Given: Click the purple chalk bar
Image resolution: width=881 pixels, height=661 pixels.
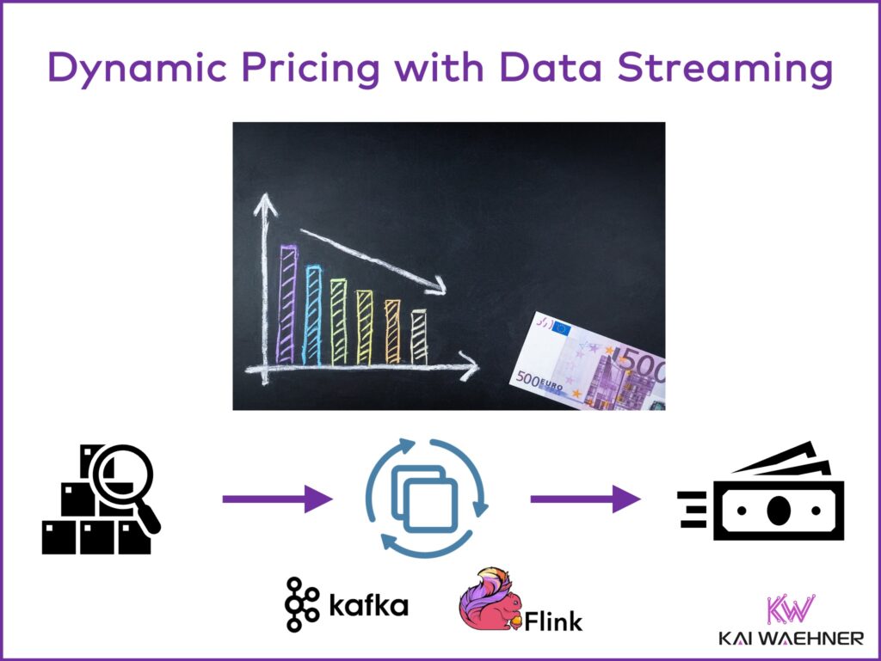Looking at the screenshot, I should [287, 304].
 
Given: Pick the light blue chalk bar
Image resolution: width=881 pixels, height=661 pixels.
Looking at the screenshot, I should [313, 315].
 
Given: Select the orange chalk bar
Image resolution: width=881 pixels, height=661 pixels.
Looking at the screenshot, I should [392, 331].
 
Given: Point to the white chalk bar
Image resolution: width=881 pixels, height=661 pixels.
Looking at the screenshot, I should [419, 336].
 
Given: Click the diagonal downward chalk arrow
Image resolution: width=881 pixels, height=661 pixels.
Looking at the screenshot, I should [373, 260].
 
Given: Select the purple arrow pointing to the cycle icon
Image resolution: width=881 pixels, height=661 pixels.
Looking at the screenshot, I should [276, 499].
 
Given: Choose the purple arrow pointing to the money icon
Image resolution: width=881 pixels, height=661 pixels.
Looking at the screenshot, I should [584, 499].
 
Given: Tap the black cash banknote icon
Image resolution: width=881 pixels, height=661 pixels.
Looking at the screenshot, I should [774, 499].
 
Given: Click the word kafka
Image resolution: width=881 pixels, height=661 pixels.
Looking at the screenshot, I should [368, 605].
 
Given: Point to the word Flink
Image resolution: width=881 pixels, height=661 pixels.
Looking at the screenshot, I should [553, 620].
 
